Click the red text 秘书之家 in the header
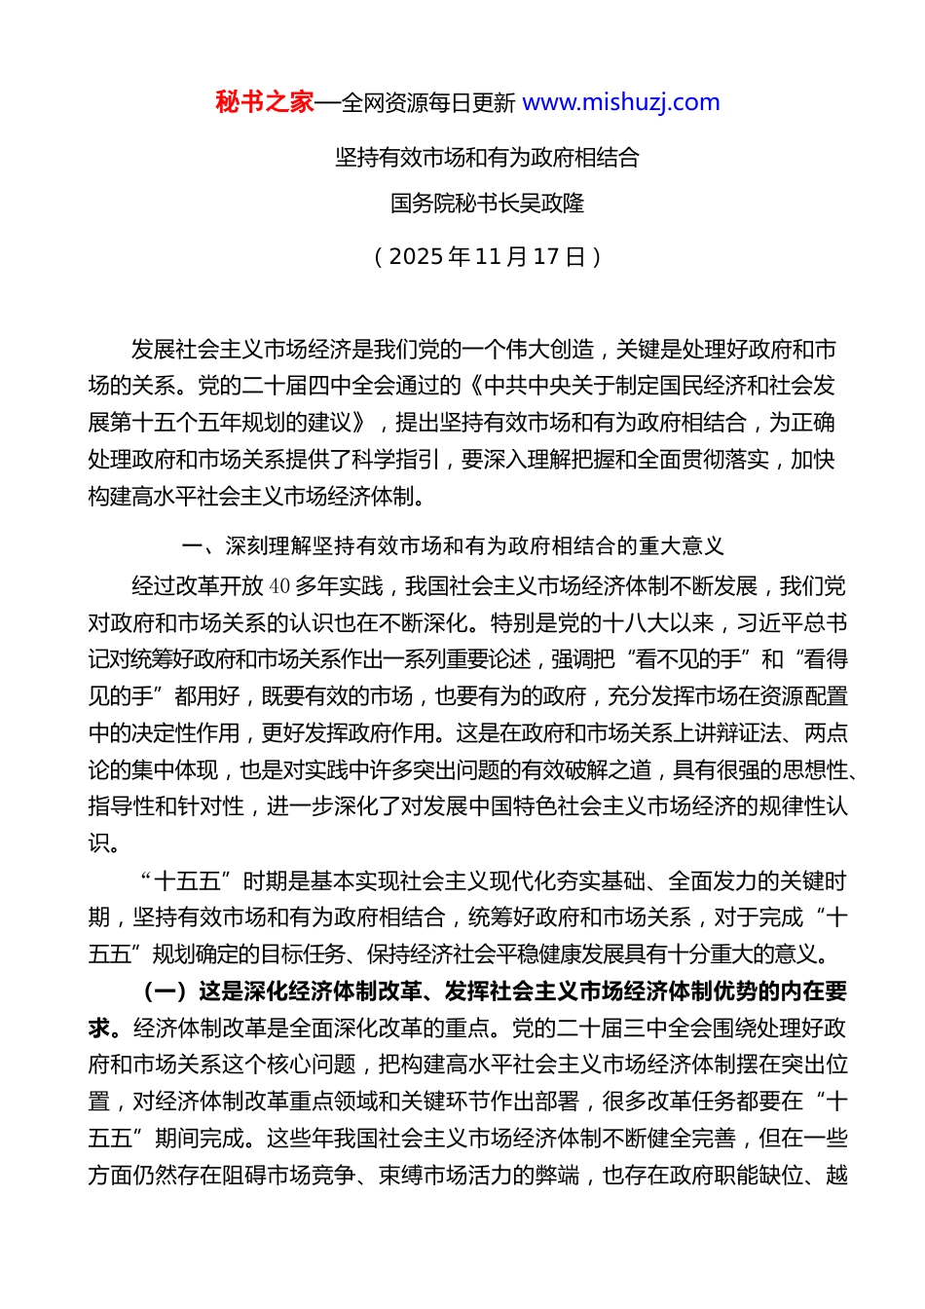265,102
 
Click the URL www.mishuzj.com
621,102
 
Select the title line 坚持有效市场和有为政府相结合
487,158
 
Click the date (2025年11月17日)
487,256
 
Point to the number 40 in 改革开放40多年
279,586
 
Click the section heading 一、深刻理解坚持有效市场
453,545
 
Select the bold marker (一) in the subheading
166,991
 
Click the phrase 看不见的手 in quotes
687,659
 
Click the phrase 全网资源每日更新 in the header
427,103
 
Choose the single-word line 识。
104,843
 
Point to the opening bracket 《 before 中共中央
474,386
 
